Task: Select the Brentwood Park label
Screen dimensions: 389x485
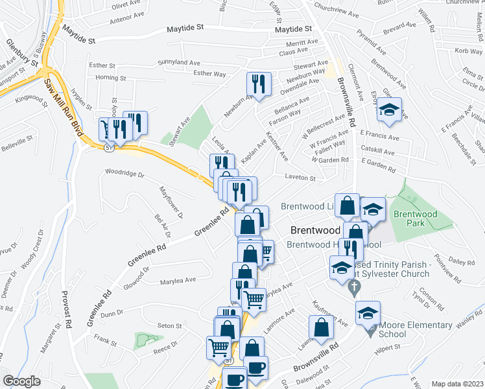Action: point(416,218)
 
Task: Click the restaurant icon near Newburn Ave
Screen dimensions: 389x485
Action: point(257,84)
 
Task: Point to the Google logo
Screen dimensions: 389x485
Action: point(21,381)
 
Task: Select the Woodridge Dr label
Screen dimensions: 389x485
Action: point(123,174)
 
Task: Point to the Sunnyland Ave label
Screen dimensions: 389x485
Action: point(179,63)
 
